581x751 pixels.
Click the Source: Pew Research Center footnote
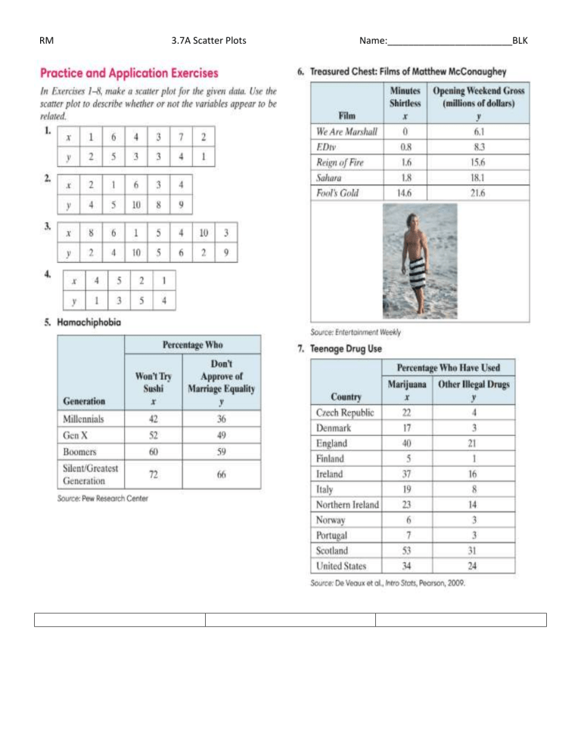pos(103,498)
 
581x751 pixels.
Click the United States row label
pos(342,565)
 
